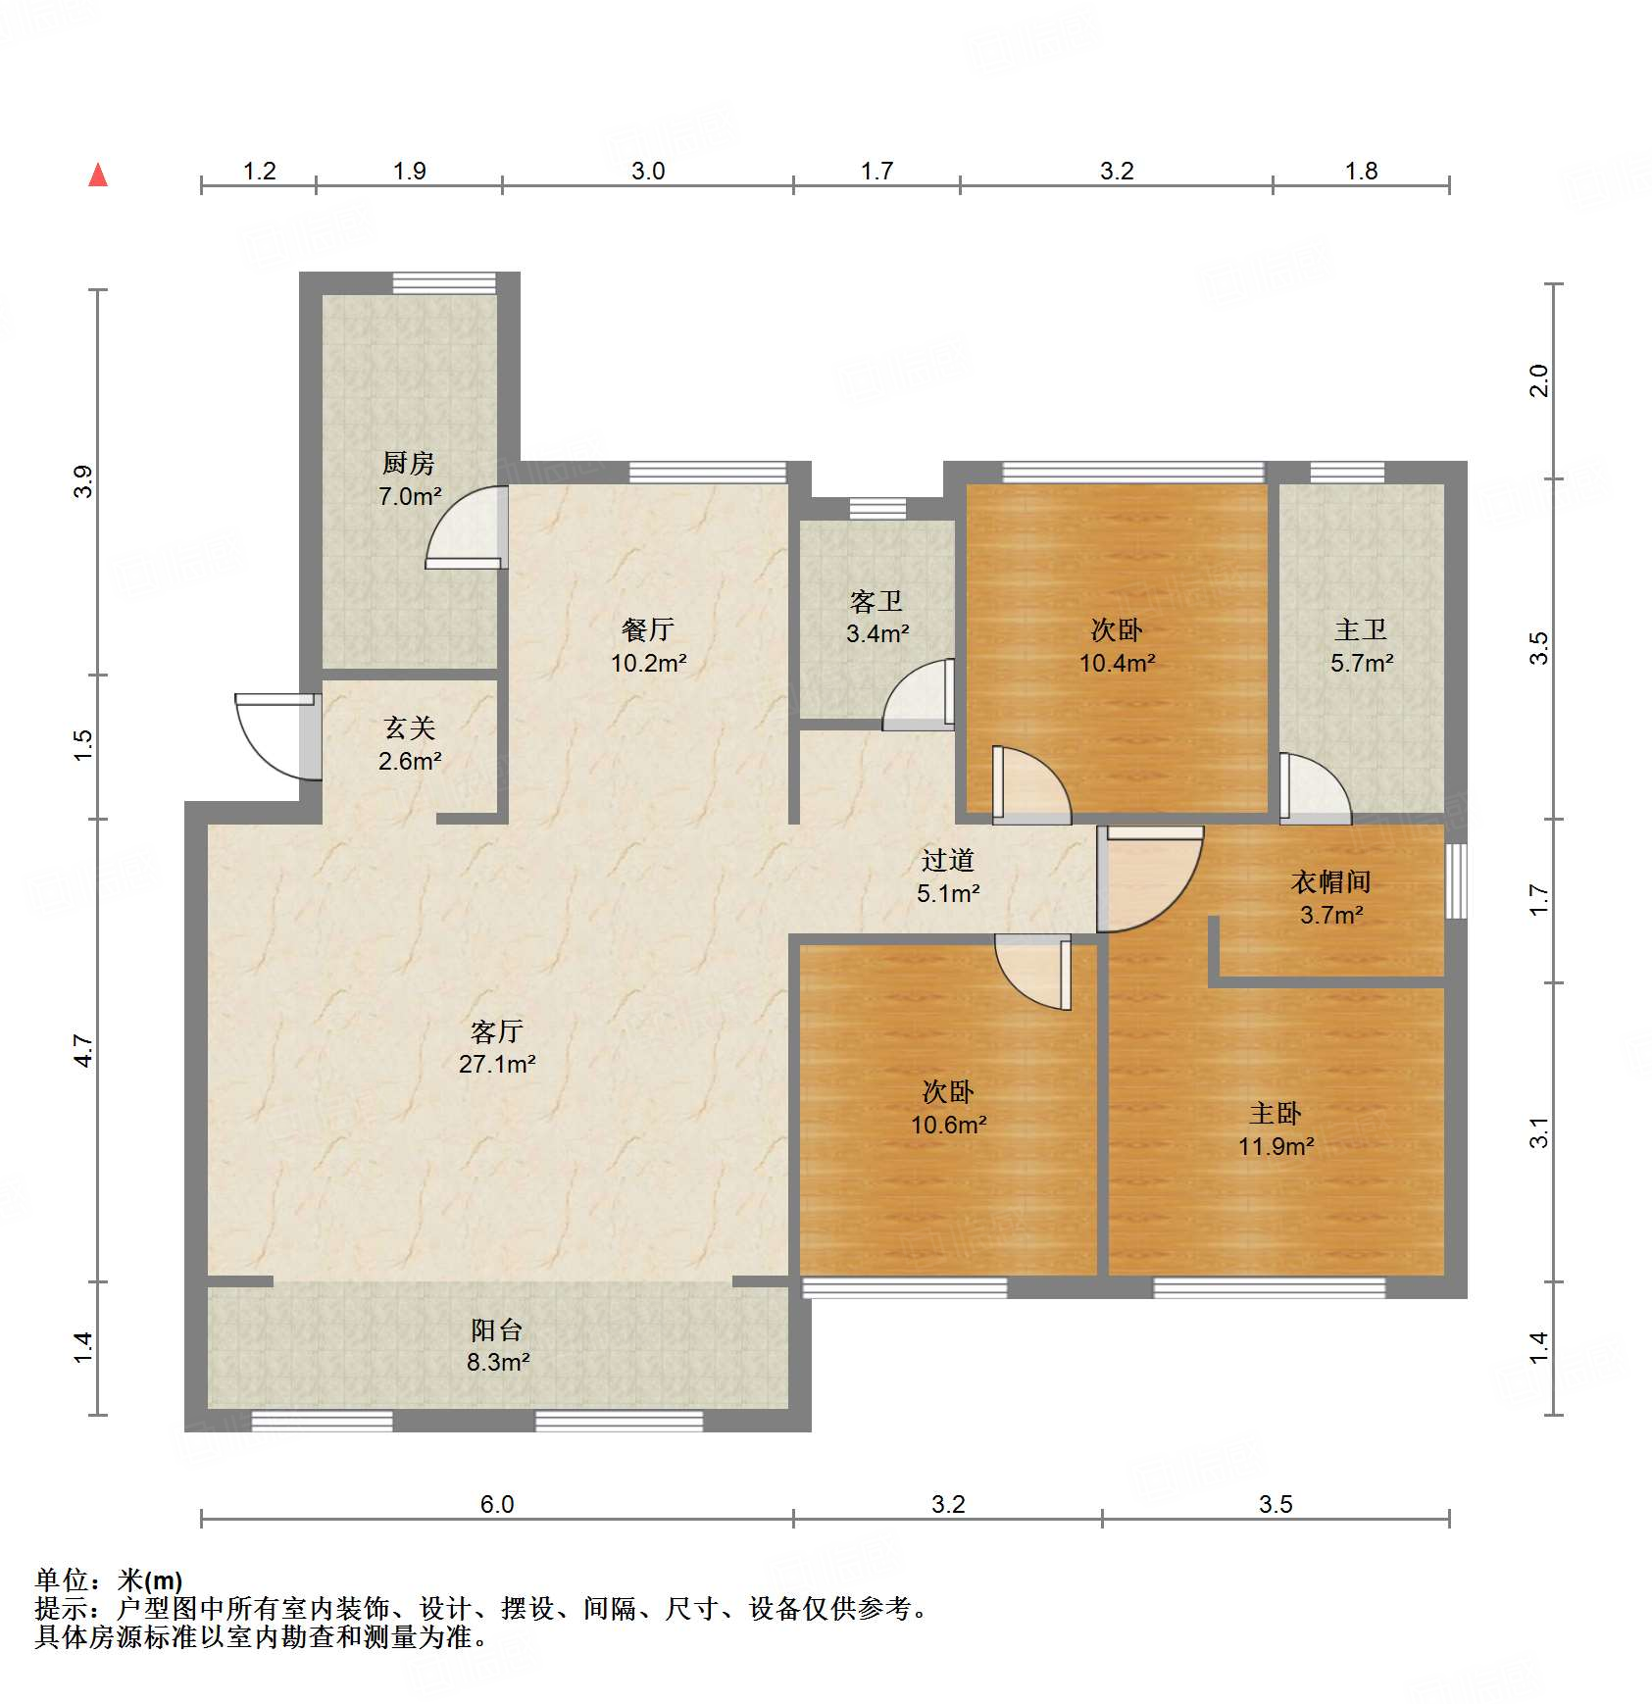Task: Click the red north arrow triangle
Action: pos(98,175)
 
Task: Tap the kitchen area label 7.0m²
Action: pos(410,496)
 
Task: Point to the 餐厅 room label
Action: pos(648,629)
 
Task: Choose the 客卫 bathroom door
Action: pos(920,694)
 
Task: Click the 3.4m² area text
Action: pos(877,633)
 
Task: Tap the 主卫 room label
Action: pos(1361,629)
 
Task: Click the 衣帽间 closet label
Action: pos(1330,881)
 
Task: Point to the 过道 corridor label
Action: pos(947,860)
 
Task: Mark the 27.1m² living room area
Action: pos(497,1064)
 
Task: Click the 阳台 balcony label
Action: pos(497,1329)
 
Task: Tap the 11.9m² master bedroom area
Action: pos(1276,1146)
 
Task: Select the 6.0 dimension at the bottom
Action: pos(496,1504)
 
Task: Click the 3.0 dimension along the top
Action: pos(647,171)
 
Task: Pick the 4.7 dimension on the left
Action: pos(83,1050)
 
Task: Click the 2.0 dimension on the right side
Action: pos(1538,380)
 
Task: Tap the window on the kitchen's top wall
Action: pos(444,282)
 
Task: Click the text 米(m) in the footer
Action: pos(149,1580)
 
